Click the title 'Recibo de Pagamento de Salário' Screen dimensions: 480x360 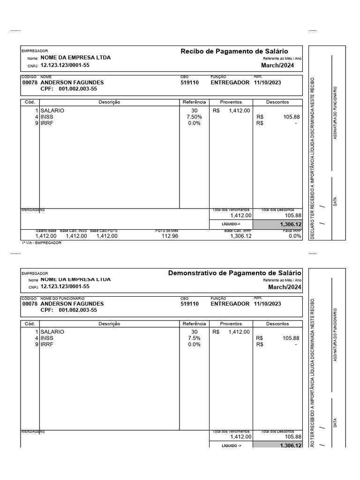[234, 51]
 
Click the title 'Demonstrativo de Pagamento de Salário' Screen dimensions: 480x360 [234, 273]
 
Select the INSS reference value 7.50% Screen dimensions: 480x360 [194, 117]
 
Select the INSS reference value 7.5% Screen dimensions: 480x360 [194, 338]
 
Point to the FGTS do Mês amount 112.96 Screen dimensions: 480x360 [170, 236]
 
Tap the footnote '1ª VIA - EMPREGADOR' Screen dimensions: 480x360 [41, 243]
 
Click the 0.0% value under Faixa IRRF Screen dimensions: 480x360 [295, 236]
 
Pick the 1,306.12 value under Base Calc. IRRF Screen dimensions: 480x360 [241, 236]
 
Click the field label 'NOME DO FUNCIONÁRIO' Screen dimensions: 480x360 [62, 298]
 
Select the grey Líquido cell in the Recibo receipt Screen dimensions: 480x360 [277, 225]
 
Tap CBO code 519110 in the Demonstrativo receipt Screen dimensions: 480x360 [189, 304]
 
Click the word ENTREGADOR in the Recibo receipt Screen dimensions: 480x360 [230, 82]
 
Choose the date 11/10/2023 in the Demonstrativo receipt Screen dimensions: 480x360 [267, 304]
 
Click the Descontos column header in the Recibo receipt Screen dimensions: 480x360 [277, 102]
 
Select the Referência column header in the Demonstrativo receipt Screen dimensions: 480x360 [194, 323]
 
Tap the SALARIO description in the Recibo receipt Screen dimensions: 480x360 [52, 110]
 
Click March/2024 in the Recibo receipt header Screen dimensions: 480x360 [277, 65]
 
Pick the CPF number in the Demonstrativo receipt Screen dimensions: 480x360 [78, 310]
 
